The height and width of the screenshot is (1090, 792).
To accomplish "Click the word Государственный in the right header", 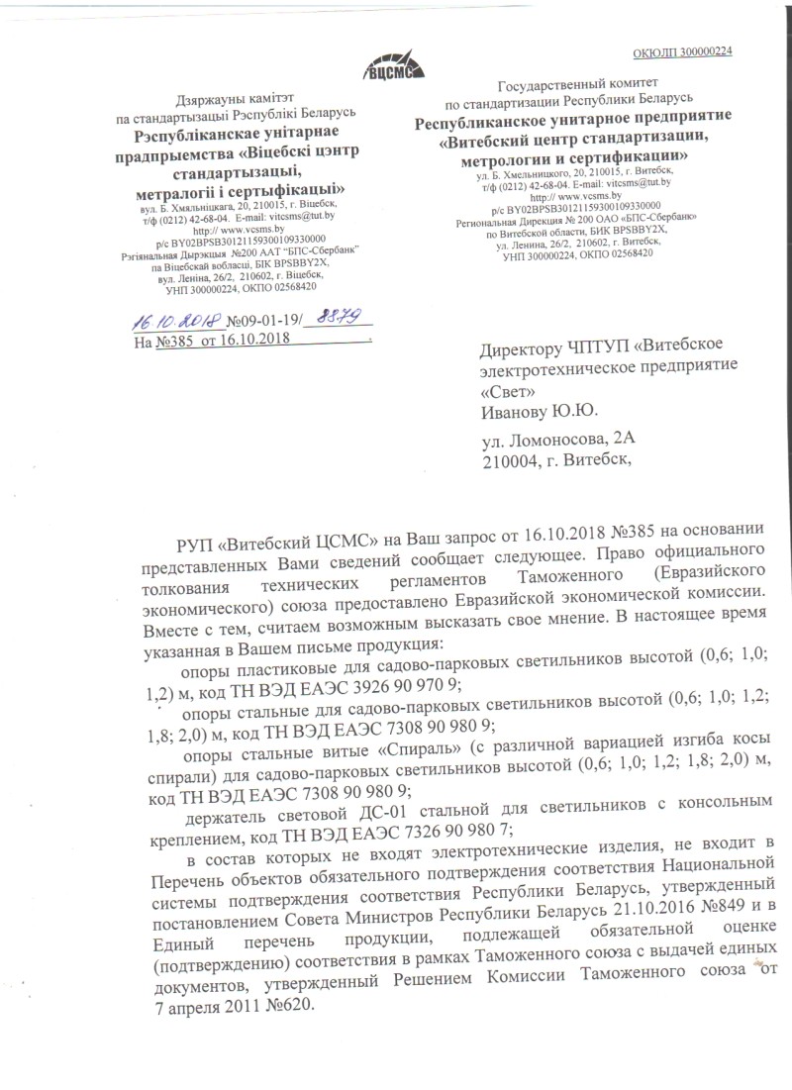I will pyautogui.click(x=552, y=85).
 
